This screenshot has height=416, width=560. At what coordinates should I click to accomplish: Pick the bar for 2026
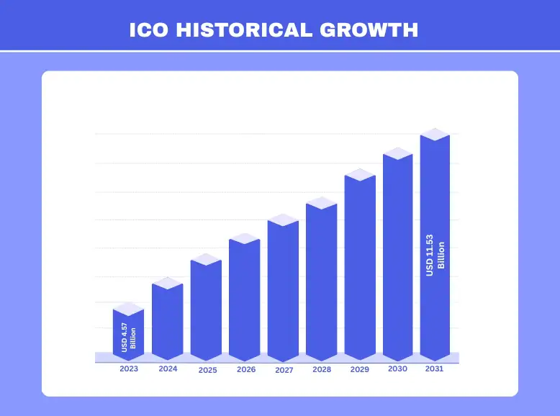point(244,299)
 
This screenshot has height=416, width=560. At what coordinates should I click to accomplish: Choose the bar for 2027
point(283,289)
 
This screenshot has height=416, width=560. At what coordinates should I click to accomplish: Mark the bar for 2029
point(360,266)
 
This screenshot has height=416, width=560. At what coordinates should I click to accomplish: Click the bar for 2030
point(397,256)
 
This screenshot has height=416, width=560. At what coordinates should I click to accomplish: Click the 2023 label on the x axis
point(130,368)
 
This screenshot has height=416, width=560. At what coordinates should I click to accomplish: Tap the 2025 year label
point(207,370)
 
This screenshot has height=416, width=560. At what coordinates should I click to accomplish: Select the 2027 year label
point(284,370)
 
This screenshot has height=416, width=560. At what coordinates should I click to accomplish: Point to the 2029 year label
point(360,369)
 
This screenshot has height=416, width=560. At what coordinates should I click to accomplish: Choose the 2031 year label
point(434,368)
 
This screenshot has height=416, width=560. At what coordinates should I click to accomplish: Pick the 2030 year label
point(397,368)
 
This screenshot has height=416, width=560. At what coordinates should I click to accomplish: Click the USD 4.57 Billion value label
point(129,338)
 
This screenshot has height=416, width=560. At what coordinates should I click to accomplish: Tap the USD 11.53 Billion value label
point(435,255)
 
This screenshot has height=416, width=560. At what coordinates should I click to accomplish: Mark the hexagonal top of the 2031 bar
point(435,135)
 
